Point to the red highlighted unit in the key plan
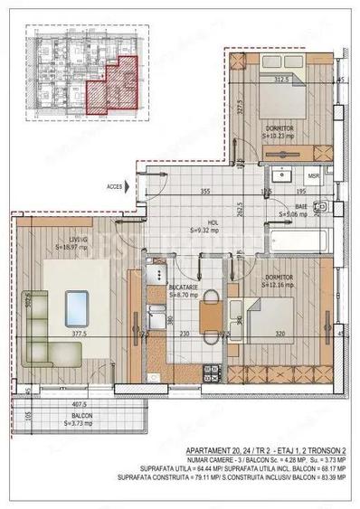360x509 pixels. (x=110, y=87)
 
